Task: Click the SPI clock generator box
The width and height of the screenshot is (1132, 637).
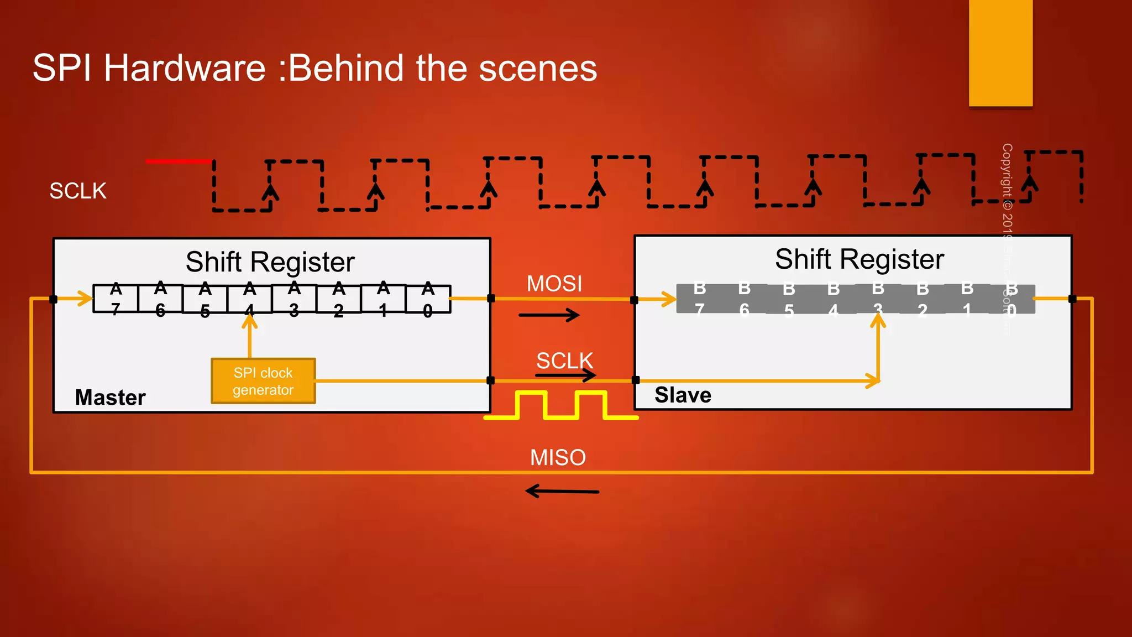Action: pos(263,381)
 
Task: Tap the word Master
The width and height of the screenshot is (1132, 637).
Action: pos(111,398)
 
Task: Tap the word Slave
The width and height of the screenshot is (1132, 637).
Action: pos(683,395)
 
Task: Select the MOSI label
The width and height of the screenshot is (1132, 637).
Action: pos(554,284)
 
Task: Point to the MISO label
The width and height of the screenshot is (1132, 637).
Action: pos(558,457)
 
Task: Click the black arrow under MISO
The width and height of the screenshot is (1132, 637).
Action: pos(562,491)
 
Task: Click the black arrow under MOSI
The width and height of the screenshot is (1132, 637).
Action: pos(549,315)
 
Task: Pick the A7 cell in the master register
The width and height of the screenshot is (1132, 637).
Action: pos(116,299)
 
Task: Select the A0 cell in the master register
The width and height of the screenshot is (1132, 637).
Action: pos(428,299)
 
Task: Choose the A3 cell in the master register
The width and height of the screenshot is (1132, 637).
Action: pos(294,299)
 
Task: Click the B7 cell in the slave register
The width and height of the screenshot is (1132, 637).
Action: pos(700,299)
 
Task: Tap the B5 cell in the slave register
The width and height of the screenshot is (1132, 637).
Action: pos(789,299)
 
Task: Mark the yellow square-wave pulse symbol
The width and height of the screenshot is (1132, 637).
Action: pos(561,405)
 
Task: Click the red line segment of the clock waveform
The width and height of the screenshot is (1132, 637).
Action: pos(179,161)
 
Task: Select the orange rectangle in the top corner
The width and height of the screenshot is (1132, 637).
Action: pos(1000,53)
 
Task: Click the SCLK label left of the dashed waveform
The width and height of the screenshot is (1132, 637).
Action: pos(78,191)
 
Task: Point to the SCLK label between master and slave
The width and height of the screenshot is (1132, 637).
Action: pos(564,361)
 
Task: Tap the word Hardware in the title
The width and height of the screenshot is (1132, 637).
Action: pos(185,68)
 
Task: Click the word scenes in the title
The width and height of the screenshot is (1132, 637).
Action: pos(538,68)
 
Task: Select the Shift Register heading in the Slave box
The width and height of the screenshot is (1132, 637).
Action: pos(859,259)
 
